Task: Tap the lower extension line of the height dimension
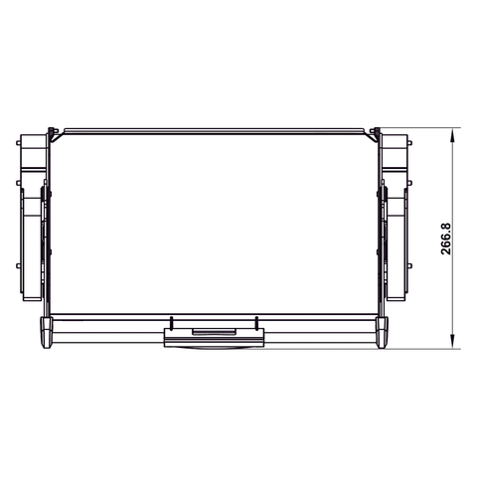tap(427, 348)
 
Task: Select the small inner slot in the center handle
tap(214, 332)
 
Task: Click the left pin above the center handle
tap(172, 322)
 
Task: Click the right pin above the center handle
tap(256, 322)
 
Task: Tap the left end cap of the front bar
tap(46, 332)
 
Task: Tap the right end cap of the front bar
tap(383, 332)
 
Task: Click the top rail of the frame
tap(214, 129)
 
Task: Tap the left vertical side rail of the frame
tap(53, 229)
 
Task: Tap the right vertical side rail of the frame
tap(377, 229)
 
